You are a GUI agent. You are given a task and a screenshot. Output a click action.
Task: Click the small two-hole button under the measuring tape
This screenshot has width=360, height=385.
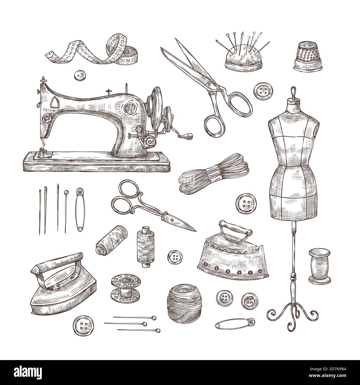pyautogui.click(x=78, y=75)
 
